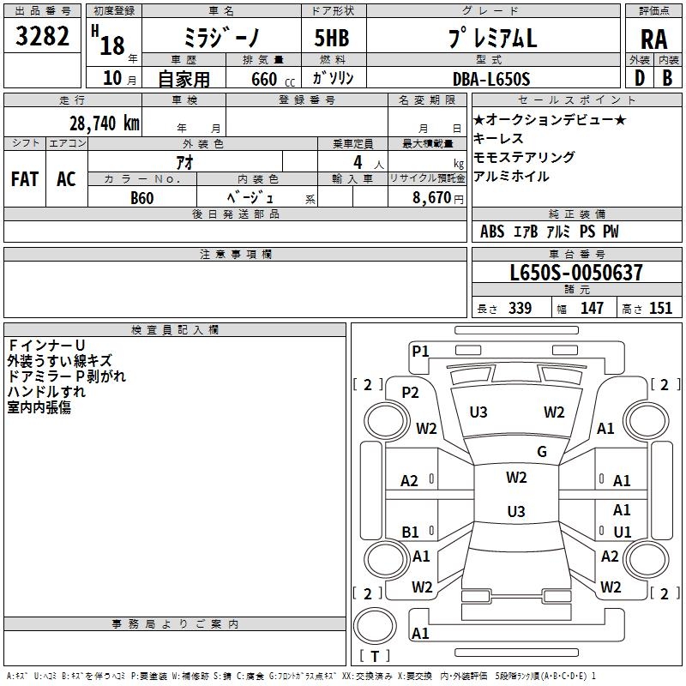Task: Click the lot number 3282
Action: pyautogui.click(x=43, y=38)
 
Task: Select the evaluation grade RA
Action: pyautogui.click(x=653, y=39)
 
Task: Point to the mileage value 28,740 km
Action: pyautogui.click(x=105, y=123)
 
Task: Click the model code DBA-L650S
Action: pyautogui.click(x=491, y=79)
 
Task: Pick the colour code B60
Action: pyautogui.click(x=142, y=197)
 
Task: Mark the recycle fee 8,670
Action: pyautogui.click(x=432, y=197)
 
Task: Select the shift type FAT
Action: pyautogui.click(x=25, y=178)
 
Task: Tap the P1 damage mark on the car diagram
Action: pyautogui.click(x=420, y=350)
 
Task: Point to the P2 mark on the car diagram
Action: pyautogui.click(x=410, y=393)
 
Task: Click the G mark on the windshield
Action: pyautogui.click(x=542, y=452)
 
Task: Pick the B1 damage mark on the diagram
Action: pyautogui.click(x=410, y=533)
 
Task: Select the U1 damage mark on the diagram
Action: pyautogui.click(x=623, y=532)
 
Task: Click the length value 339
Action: pyautogui.click(x=519, y=309)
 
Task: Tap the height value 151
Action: pyautogui.click(x=660, y=309)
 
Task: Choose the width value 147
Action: pyautogui.click(x=592, y=309)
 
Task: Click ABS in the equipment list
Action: pyautogui.click(x=492, y=232)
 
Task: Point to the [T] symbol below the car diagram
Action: pyautogui.click(x=374, y=656)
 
